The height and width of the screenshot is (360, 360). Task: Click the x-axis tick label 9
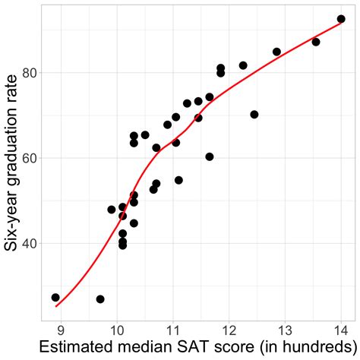(61, 331)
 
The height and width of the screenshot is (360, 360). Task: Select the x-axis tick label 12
(229, 331)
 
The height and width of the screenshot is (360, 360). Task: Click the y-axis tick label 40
(29, 244)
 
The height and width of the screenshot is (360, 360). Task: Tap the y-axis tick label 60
(29, 158)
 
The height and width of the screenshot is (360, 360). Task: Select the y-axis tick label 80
(29, 73)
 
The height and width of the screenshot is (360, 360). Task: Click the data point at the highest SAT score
(341, 19)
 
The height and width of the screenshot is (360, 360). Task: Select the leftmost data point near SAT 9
(55, 298)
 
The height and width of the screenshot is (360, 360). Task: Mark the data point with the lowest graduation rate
(100, 299)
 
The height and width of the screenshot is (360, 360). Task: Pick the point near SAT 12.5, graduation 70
(254, 115)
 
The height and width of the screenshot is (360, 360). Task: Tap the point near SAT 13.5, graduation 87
(316, 42)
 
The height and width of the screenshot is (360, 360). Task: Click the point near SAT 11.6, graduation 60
(210, 156)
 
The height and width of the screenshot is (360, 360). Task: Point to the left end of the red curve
(56, 306)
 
